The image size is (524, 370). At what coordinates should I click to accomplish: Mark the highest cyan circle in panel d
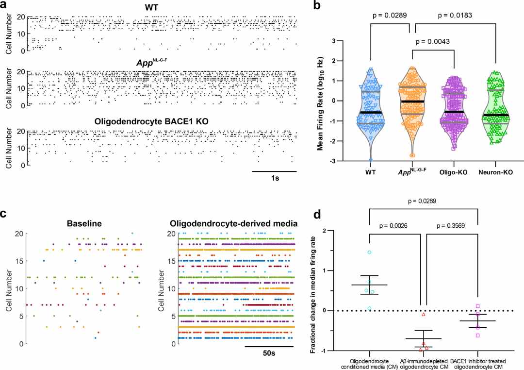click(x=369, y=252)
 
